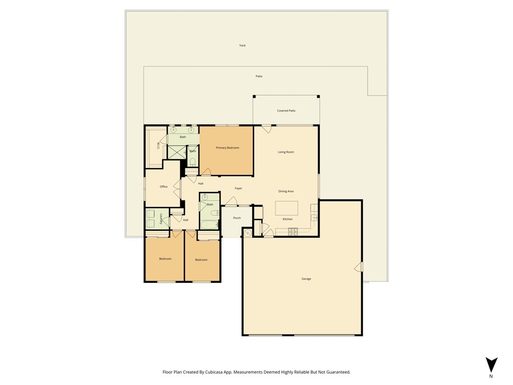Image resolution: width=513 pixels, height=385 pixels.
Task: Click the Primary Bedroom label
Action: pyautogui.click(x=227, y=148)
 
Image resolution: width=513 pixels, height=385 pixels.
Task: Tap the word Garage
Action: pyautogui.click(x=306, y=279)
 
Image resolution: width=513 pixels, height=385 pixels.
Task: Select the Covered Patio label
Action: pyautogui.click(x=286, y=111)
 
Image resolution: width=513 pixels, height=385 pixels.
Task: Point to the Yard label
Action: pyautogui.click(x=242, y=46)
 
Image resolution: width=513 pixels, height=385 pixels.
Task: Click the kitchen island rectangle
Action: pyautogui.click(x=286, y=208)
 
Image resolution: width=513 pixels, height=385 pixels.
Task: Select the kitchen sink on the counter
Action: pyautogui.click(x=314, y=218)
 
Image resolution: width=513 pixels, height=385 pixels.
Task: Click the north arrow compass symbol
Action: pyautogui.click(x=491, y=365)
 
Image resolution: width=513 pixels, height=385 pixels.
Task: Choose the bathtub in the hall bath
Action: pyautogui.click(x=208, y=224)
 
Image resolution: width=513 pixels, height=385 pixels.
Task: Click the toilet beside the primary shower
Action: pyautogui.click(x=192, y=161)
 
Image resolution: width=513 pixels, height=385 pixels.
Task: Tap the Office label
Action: pyautogui.click(x=163, y=186)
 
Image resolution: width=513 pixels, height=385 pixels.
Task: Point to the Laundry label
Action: pyautogui.click(x=161, y=219)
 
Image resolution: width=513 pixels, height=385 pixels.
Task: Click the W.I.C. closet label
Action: pyautogui.click(x=157, y=145)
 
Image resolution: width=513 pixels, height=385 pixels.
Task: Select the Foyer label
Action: pyautogui.click(x=238, y=188)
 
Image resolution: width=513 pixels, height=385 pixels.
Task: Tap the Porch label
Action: pyautogui.click(x=236, y=218)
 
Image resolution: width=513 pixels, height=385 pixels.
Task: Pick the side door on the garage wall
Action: pyautogui.click(x=358, y=267)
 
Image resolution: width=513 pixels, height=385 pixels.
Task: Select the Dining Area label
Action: pyautogui.click(x=286, y=191)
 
